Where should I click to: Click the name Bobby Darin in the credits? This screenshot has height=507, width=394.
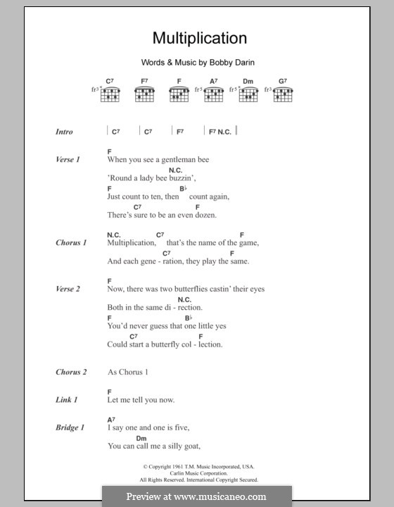229,63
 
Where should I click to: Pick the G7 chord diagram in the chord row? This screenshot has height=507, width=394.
282,92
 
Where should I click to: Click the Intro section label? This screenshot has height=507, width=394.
64,132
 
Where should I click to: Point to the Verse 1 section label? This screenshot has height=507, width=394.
68,160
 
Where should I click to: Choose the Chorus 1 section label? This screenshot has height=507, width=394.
71,243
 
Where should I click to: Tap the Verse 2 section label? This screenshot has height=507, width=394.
68,289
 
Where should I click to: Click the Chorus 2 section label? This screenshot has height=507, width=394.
71,372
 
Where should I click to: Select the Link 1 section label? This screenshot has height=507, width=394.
66,400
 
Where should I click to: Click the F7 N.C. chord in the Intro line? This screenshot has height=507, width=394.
219,132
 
